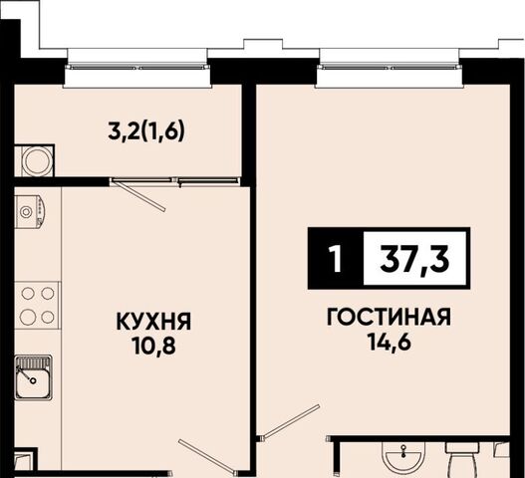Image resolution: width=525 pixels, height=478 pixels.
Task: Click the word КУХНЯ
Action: coord(153,322)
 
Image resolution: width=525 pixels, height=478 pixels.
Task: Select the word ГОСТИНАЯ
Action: coord(389,317)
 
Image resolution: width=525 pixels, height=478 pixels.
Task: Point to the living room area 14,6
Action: coord(390,342)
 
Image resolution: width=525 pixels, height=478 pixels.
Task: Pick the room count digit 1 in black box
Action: coord(335,259)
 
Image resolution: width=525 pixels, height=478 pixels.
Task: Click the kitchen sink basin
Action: coord(33,377)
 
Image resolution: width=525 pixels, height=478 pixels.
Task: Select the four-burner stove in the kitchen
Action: coord(37,305)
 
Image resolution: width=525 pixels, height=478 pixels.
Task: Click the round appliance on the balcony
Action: coord(37,161)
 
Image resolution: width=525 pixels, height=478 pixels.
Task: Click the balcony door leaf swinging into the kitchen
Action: coord(138,196)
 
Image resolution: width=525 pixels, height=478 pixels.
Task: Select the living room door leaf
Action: coord(291,421)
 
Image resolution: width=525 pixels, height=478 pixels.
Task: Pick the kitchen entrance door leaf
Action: coord(207,457)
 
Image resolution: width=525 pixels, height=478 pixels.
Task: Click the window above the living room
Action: coord(390,68)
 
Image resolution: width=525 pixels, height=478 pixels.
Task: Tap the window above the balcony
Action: coord(137,68)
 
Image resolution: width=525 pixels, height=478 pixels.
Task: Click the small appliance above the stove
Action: coord(30,211)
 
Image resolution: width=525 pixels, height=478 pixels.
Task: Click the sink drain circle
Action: coord(33,380)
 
